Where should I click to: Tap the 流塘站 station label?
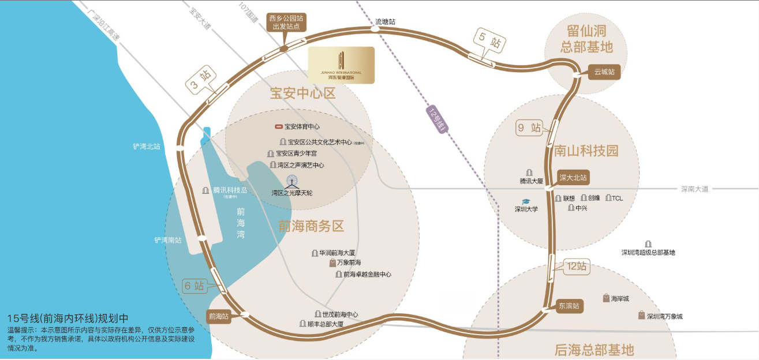386,22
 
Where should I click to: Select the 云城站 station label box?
604,72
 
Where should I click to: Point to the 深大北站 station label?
573,178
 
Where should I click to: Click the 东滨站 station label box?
569,306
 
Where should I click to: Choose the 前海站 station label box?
219,316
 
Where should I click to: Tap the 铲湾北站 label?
147,147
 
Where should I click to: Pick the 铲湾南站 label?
167,239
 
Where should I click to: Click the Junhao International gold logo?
341,65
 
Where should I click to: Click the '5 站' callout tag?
489,42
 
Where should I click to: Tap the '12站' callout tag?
576,266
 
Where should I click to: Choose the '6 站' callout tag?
194,286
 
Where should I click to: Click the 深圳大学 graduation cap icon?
526,201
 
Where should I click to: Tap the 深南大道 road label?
694,189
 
